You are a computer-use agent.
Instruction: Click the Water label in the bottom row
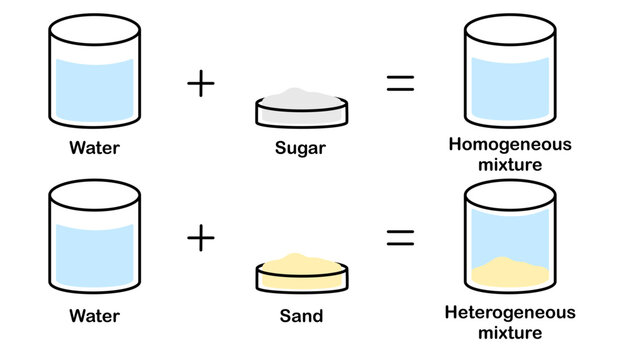[x=94, y=316]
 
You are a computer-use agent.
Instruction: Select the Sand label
[x=299, y=316]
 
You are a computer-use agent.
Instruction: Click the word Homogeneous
[x=510, y=144]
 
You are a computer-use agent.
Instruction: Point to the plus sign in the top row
[x=201, y=83]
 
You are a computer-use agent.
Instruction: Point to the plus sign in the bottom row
[x=201, y=238]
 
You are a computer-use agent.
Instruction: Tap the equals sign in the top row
[x=400, y=83]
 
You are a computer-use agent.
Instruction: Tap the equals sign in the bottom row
[x=400, y=238]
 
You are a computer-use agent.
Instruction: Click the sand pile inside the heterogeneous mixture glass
[x=509, y=272]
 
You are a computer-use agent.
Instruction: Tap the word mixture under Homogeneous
[x=510, y=163]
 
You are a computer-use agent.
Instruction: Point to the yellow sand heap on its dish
[x=299, y=259]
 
